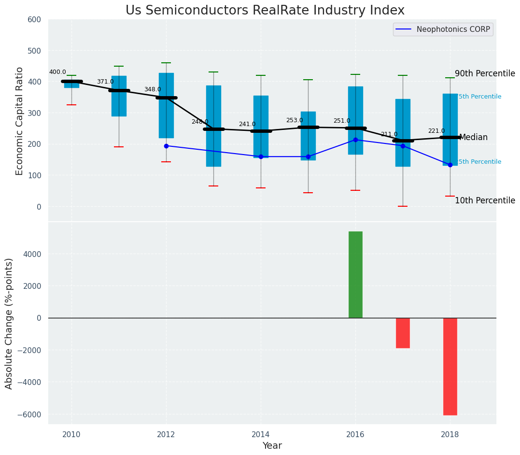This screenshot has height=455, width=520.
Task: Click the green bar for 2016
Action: [x=355, y=274]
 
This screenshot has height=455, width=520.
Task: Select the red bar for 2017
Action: [x=403, y=333]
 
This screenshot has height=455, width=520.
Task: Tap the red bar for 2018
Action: [x=450, y=366]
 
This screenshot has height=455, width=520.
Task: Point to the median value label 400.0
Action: [x=57, y=72]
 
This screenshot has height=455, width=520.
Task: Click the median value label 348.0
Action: [x=153, y=89]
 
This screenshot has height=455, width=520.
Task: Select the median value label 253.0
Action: [x=295, y=120]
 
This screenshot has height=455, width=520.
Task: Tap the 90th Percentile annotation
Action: [x=485, y=73]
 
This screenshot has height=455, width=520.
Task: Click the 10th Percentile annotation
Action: [x=485, y=200]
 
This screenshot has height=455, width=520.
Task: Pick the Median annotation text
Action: [x=473, y=137]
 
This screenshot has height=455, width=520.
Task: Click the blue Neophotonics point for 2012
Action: [x=166, y=146]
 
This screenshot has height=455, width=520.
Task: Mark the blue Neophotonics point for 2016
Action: [x=355, y=140]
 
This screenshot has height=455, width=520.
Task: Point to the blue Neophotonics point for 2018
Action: [x=450, y=165]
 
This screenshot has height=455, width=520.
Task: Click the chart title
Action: [x=265, y=11]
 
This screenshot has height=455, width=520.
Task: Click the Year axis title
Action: [x=272, y=446]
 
